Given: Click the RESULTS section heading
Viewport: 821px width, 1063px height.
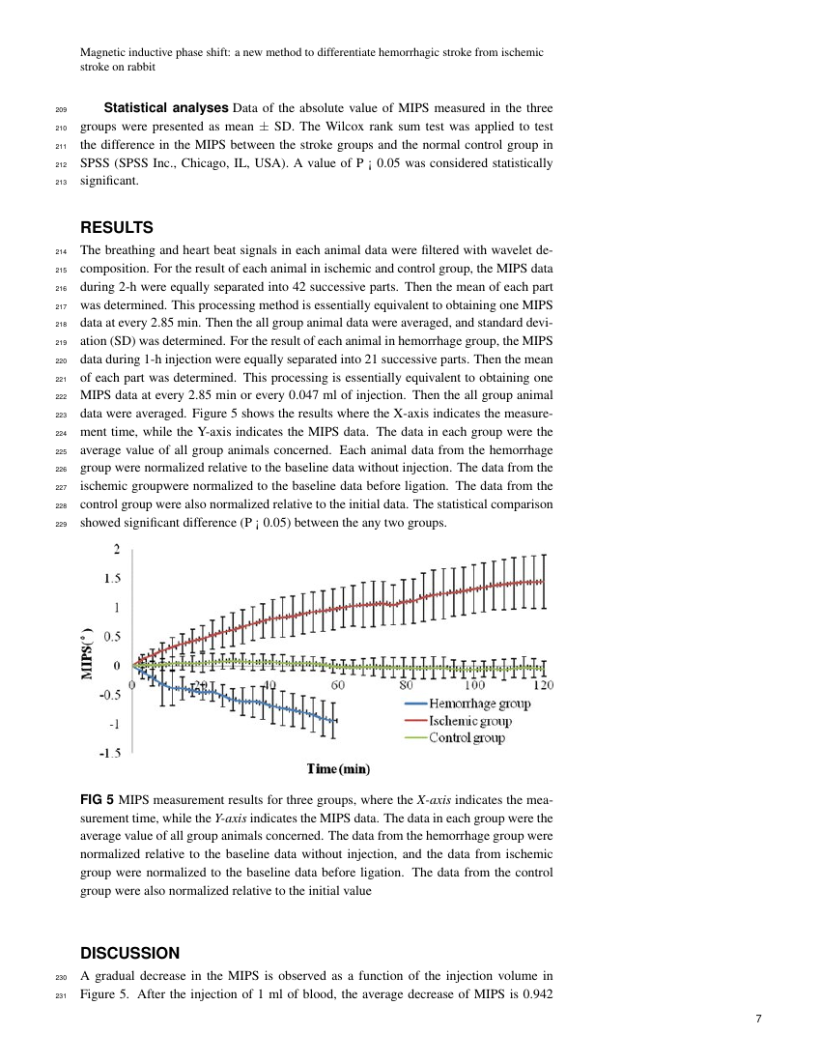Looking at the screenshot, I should [x=116, y=228].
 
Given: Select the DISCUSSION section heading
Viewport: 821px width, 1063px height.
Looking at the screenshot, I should [x=129, y=953].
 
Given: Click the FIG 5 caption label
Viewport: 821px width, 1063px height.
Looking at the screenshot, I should [x=97, y=800].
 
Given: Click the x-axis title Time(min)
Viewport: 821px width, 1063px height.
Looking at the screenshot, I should [x=338, y=769].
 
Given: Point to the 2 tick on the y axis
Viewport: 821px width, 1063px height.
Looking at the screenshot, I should [x=117, y=550].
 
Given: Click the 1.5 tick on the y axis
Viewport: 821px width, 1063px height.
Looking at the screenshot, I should [x=113, y=579].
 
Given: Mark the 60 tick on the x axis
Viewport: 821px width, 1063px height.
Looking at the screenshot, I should [x=338, y=684].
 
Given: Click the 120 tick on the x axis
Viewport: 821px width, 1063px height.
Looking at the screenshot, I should [x=543, y=684].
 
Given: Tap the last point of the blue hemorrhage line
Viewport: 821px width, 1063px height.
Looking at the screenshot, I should [x=335, y=721].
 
